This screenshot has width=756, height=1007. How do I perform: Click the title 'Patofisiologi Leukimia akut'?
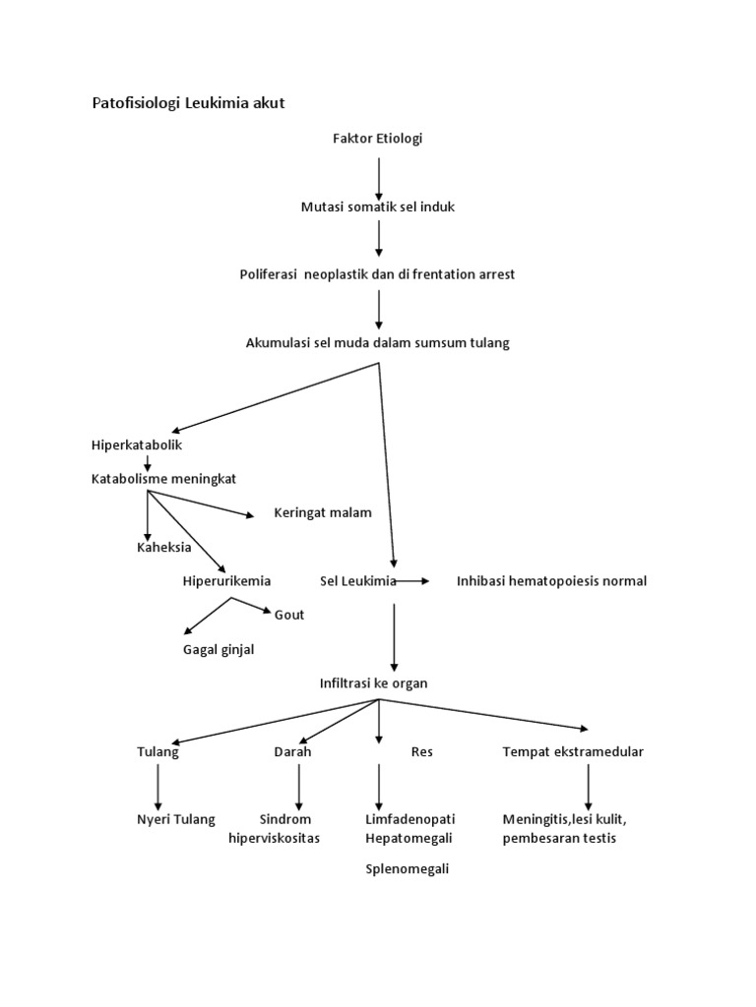(x=188, y=103)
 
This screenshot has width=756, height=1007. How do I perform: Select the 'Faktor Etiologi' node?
(x=378, y=139)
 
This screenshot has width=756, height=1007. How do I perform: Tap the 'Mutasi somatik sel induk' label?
(x=378, y=207)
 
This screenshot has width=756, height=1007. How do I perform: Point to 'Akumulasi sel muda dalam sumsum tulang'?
(x=378, y=342)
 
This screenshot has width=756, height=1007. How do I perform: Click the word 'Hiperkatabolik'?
(x=137, y=445)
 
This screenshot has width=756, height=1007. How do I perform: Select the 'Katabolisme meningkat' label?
(x=163, y=479)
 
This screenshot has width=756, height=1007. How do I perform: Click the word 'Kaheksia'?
(x=163, y=547)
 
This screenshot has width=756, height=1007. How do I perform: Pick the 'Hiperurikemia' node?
(x=227, y=581)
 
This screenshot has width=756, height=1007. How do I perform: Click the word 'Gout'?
(x=289, y=615)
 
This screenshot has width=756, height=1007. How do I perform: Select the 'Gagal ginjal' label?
(x=219, y=649)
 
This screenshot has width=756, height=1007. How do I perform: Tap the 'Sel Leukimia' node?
(x=357, y=581)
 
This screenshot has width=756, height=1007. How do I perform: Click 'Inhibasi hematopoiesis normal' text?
(x=551, y=581)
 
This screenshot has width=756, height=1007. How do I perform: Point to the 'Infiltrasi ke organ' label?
(x=373, y=682)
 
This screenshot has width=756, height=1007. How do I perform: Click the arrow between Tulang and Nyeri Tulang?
(x=157, y=786)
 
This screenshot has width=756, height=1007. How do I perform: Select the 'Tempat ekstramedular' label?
(x=573, y=751)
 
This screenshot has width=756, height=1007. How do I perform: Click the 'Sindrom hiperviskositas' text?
(x=275, y=828)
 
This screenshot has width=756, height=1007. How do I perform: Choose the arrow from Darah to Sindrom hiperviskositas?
(x=298, y=786)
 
